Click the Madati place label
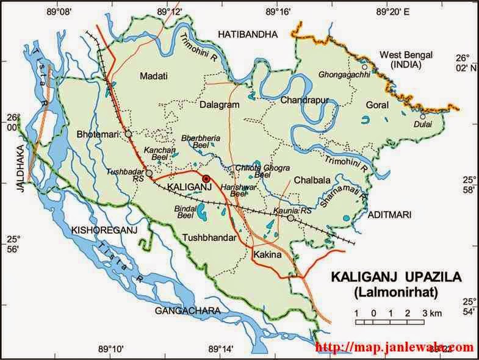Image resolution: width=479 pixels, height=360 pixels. click(x=153, y=76)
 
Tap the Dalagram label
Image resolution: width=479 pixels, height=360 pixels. click(x=219, y=105)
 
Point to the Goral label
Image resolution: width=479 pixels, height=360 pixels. click(x=376, y=105)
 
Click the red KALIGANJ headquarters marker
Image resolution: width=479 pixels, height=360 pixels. click(x=206, y=178)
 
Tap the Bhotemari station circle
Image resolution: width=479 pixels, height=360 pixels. click(x=128, y=134)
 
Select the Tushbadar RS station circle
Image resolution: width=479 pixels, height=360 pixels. click(x=149, y=173)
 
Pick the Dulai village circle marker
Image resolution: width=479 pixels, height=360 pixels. click(x=422, y=117)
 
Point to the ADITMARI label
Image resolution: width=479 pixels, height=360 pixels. click(x=391, y=215)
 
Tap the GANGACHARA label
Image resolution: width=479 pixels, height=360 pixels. click(x=187, y=311)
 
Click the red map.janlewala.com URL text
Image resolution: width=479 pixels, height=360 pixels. click(x=394, y=348)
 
